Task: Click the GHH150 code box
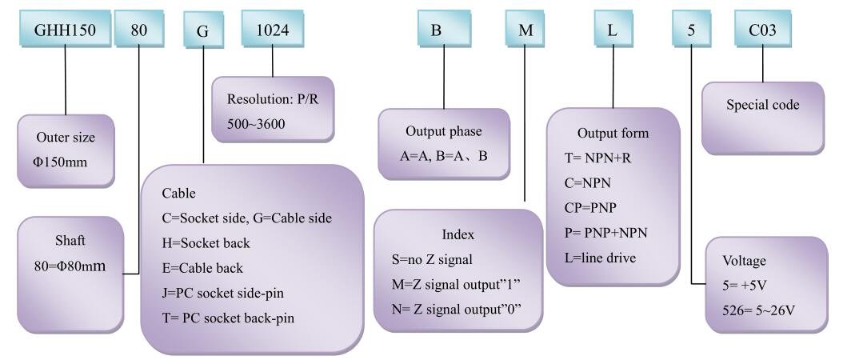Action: pos(65,29)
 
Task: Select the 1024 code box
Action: pos(272,29)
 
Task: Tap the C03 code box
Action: pos(762,29)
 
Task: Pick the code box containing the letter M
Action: pos(525,29)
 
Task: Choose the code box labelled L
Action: pos(613,29)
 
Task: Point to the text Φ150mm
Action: pos(59,162)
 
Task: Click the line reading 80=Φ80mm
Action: pos(69,266)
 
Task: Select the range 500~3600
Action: pos(256,124)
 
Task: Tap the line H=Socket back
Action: pos(206,243)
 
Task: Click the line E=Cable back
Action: pos(202,268)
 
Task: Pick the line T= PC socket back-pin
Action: pos(228,318)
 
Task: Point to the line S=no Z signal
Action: pos(432,259)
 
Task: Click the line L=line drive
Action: pos(600,258)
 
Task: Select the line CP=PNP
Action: pos(590,207)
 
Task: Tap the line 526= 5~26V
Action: pos(757,310)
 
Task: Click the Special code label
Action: pos(763,104)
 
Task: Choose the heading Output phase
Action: pos(443,131)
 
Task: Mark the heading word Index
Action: pos(458,234)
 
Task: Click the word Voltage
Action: pos(745,261)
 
